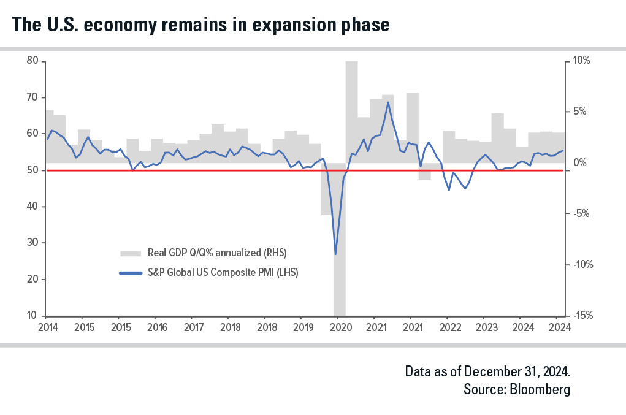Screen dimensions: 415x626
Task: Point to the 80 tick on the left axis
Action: coord(32,61)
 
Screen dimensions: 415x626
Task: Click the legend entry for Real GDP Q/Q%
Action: coord(217,253)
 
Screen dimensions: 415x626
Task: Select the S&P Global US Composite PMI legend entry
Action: coord(222,273)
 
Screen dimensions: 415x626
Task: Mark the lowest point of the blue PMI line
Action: coord(335,254)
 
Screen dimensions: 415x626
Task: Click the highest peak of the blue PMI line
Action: coord(388,102)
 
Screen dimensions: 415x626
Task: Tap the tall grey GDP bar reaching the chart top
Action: coord(351,110)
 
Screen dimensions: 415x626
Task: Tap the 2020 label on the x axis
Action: coord(340,327)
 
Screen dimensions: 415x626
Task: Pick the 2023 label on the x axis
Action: coord(484,327)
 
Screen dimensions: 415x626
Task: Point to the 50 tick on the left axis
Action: coord(32,170)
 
